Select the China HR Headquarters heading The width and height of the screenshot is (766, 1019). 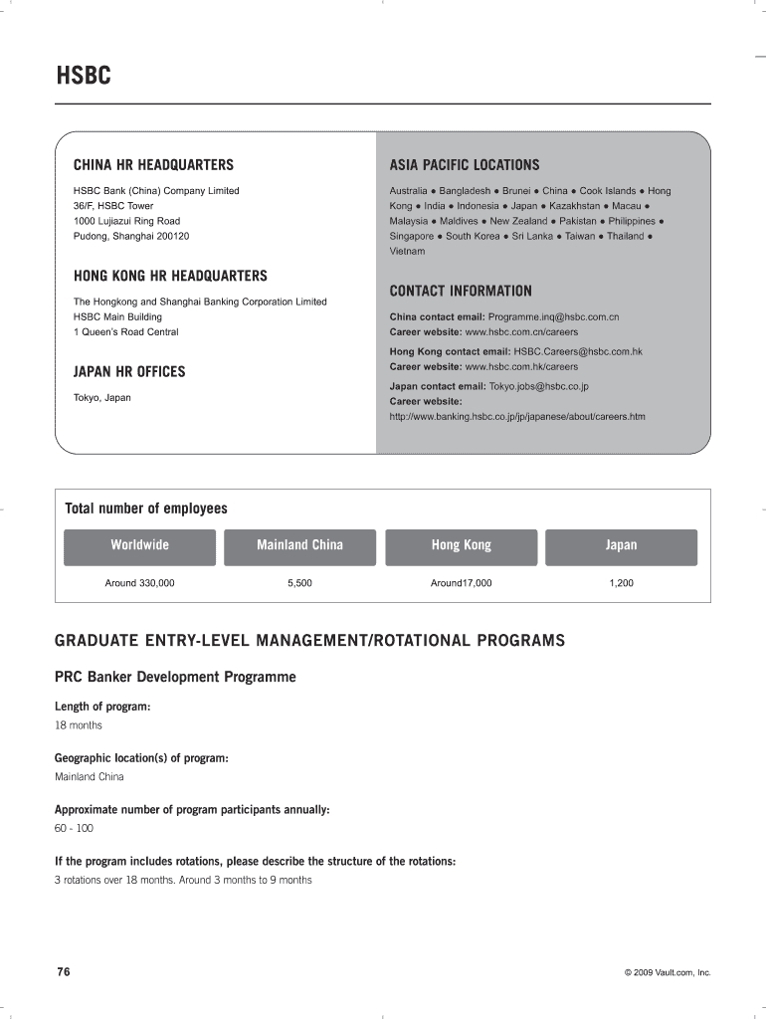pos(153,164)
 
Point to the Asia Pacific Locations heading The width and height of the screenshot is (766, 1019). pos(464,164)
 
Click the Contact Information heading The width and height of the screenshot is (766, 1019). pos(461,291)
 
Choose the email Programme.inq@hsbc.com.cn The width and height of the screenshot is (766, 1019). pos(553,316)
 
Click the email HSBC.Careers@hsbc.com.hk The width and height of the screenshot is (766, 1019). pos(578,351)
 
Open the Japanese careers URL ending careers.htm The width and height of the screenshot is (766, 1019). pos(516,416)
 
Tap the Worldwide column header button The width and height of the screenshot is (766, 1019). pos(139,545)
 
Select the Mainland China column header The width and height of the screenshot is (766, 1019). pos(299,545)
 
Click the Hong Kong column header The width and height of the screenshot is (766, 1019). pos(461,545)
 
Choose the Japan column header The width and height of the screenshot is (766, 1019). pos(621,545)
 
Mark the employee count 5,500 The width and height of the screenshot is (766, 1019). pos(299,582)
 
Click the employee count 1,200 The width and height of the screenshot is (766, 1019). pos(621,582)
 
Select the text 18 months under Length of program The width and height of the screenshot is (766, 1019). pos(78,724)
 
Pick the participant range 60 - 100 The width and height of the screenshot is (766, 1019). pos(74,828)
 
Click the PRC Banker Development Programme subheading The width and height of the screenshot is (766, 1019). pos(175,677)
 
